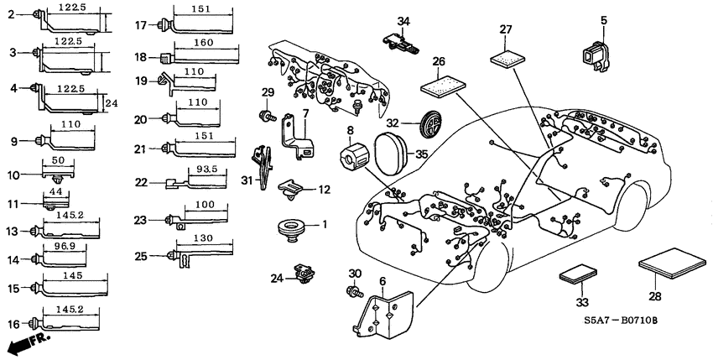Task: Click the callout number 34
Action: (x=403, y=21)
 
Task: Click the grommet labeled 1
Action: (x=289, y=227)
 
